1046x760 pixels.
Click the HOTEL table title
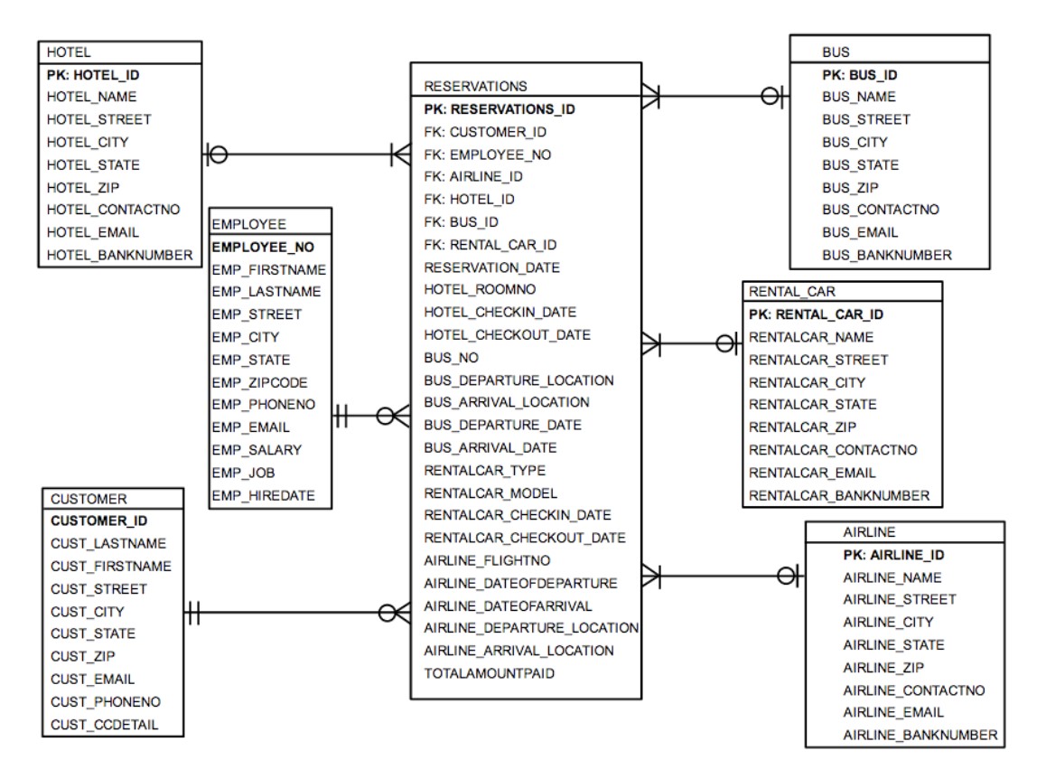[69, 52]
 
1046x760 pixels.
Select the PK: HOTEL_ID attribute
[93, 75]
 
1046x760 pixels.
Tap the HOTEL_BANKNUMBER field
[119, 255]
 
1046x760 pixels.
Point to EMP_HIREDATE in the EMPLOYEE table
[264, 495]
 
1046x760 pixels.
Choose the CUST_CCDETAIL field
[104, 725]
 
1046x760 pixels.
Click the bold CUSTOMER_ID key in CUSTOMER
[98, 521]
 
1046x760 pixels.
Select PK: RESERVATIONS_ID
[500, 108]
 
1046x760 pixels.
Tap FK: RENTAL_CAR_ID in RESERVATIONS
[490, 245]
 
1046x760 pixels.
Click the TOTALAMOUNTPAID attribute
[489, 673]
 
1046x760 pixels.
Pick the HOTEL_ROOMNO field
[480, 289]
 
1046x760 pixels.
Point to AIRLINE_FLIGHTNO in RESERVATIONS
[487, 560]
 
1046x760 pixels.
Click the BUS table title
[836, 52]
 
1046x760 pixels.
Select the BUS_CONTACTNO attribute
[881, 210]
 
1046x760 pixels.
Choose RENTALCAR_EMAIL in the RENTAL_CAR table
[812, 473]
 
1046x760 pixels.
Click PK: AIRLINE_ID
[894, 555]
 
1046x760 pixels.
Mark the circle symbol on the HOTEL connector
[218, 155]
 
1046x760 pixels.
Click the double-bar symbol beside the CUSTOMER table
[192, 612]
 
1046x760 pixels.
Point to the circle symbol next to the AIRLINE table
[787, 576]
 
